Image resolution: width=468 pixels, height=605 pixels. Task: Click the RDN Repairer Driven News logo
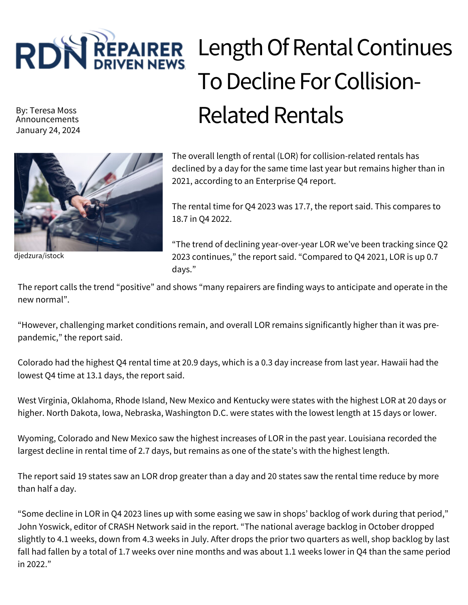[x=100, y=50]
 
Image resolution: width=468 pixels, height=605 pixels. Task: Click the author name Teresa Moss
[x=53, y=110]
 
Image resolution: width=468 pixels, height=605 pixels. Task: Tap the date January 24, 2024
[x=48, y=130]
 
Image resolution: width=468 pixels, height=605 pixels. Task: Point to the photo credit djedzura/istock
[x=39, y=256]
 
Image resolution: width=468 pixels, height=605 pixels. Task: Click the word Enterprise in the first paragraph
[x=275, y=181]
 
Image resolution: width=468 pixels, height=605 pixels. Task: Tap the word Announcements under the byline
[x=47, y=119]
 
